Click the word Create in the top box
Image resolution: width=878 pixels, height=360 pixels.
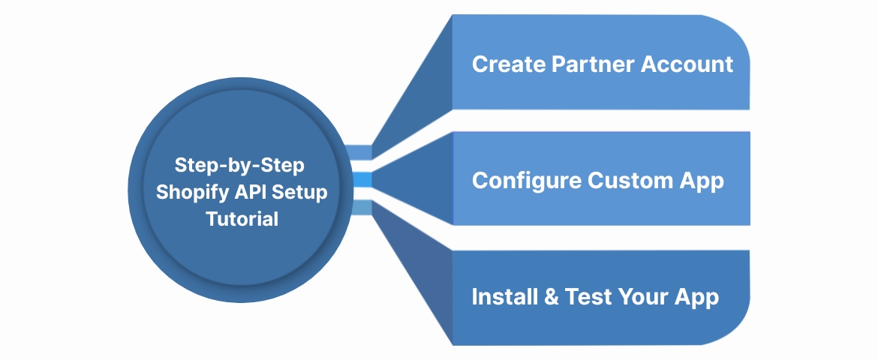click(508, 64)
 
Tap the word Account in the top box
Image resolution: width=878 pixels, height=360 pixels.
click(687, 64)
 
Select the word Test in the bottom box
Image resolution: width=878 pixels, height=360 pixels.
click(589, 297)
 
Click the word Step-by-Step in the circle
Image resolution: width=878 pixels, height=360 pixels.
click(242, 164)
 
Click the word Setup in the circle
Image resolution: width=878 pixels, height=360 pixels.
click(302, 192)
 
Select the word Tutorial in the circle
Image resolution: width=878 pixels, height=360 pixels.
click(242, 220)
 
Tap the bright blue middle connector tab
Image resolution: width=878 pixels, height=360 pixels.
click(362, 180)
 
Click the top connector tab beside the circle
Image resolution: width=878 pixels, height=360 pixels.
click(362, 152)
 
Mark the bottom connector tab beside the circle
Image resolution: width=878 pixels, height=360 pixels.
click(362, 208)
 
